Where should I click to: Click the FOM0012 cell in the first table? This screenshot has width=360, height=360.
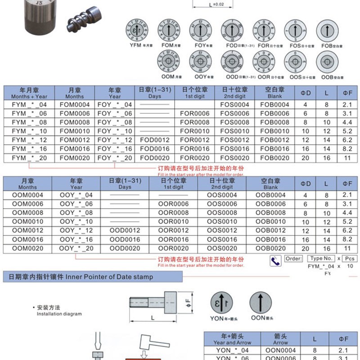coord(74,140)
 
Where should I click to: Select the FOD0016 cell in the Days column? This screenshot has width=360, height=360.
coord(155,149)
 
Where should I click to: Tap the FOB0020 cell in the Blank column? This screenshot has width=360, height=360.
coord(274,158)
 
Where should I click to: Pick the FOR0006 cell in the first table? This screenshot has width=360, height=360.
coord(194,113)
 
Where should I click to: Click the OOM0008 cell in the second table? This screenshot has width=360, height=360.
coord(27,213)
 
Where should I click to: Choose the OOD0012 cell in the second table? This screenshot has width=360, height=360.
coord(125,230)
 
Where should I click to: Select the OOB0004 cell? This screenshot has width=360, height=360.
coord(270,195)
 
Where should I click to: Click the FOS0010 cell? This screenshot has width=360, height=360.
coord(234,131)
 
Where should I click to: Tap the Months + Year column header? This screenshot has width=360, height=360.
coord(29,93)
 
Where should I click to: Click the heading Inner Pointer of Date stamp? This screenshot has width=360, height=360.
coord(78,277)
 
